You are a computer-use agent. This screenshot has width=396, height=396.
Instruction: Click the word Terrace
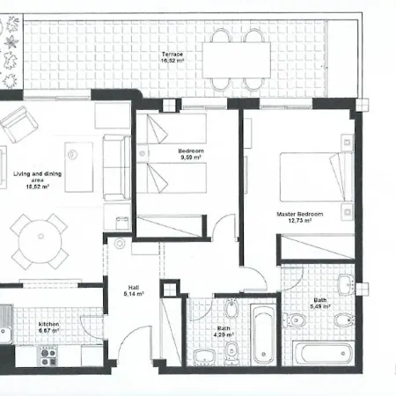[x=172, y=55]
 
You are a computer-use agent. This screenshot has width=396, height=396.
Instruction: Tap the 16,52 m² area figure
[x=172, y=62]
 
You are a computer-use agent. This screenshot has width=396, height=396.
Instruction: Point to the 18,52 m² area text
[x=37, y=187]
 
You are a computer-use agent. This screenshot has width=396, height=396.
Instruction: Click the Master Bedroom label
[x=299, y=214]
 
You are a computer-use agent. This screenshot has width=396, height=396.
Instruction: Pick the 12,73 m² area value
[x=300, y=221]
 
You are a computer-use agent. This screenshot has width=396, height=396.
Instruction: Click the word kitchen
[x=48, y=324]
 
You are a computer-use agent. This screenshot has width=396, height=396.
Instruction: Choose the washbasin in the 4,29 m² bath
[x=203, y=356]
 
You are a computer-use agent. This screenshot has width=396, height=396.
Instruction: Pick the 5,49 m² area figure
[x=320, y=307]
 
